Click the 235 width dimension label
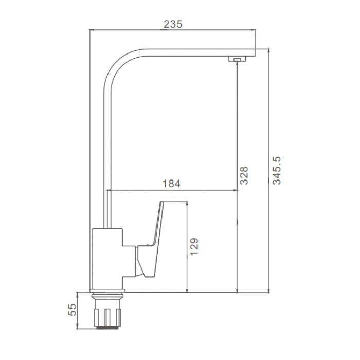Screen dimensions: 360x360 click(x=173, y=24)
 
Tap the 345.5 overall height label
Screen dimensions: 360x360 click(x=277, y=171)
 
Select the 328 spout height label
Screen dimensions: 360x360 click(x=244, y=175)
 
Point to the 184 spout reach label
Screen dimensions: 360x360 click(x=171, y=184)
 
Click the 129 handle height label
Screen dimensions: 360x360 click(x=194, y=246)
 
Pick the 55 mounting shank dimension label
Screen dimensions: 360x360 click(x=72, y=310)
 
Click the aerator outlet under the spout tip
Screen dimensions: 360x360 click(x=237, y=59)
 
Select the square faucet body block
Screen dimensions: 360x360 click(x=107, y=258)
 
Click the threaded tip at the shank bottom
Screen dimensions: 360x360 click(x=107, y=327)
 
